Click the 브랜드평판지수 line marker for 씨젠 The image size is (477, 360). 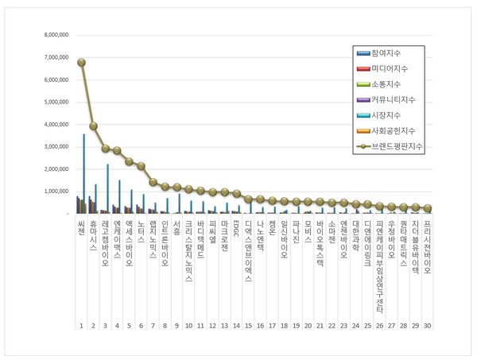coord(81,62)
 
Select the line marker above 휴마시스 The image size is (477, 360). coord(93,126)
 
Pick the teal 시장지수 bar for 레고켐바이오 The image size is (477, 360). coord(108,188)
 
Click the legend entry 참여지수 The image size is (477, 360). coord(386,52)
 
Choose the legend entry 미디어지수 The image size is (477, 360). coord(388,68)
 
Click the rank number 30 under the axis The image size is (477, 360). coord(427,326)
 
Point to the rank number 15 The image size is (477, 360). coord(248,326)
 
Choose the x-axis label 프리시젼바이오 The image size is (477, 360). coord(427,247)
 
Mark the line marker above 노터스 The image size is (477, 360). coord(141,166)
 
